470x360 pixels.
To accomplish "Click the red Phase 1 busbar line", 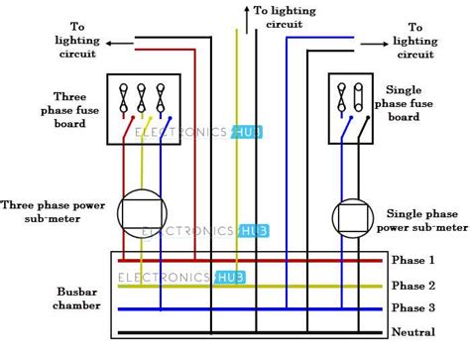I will (248, 261).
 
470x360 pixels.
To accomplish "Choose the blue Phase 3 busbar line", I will (248, 308).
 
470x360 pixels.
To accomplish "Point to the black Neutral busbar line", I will (248, 332).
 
